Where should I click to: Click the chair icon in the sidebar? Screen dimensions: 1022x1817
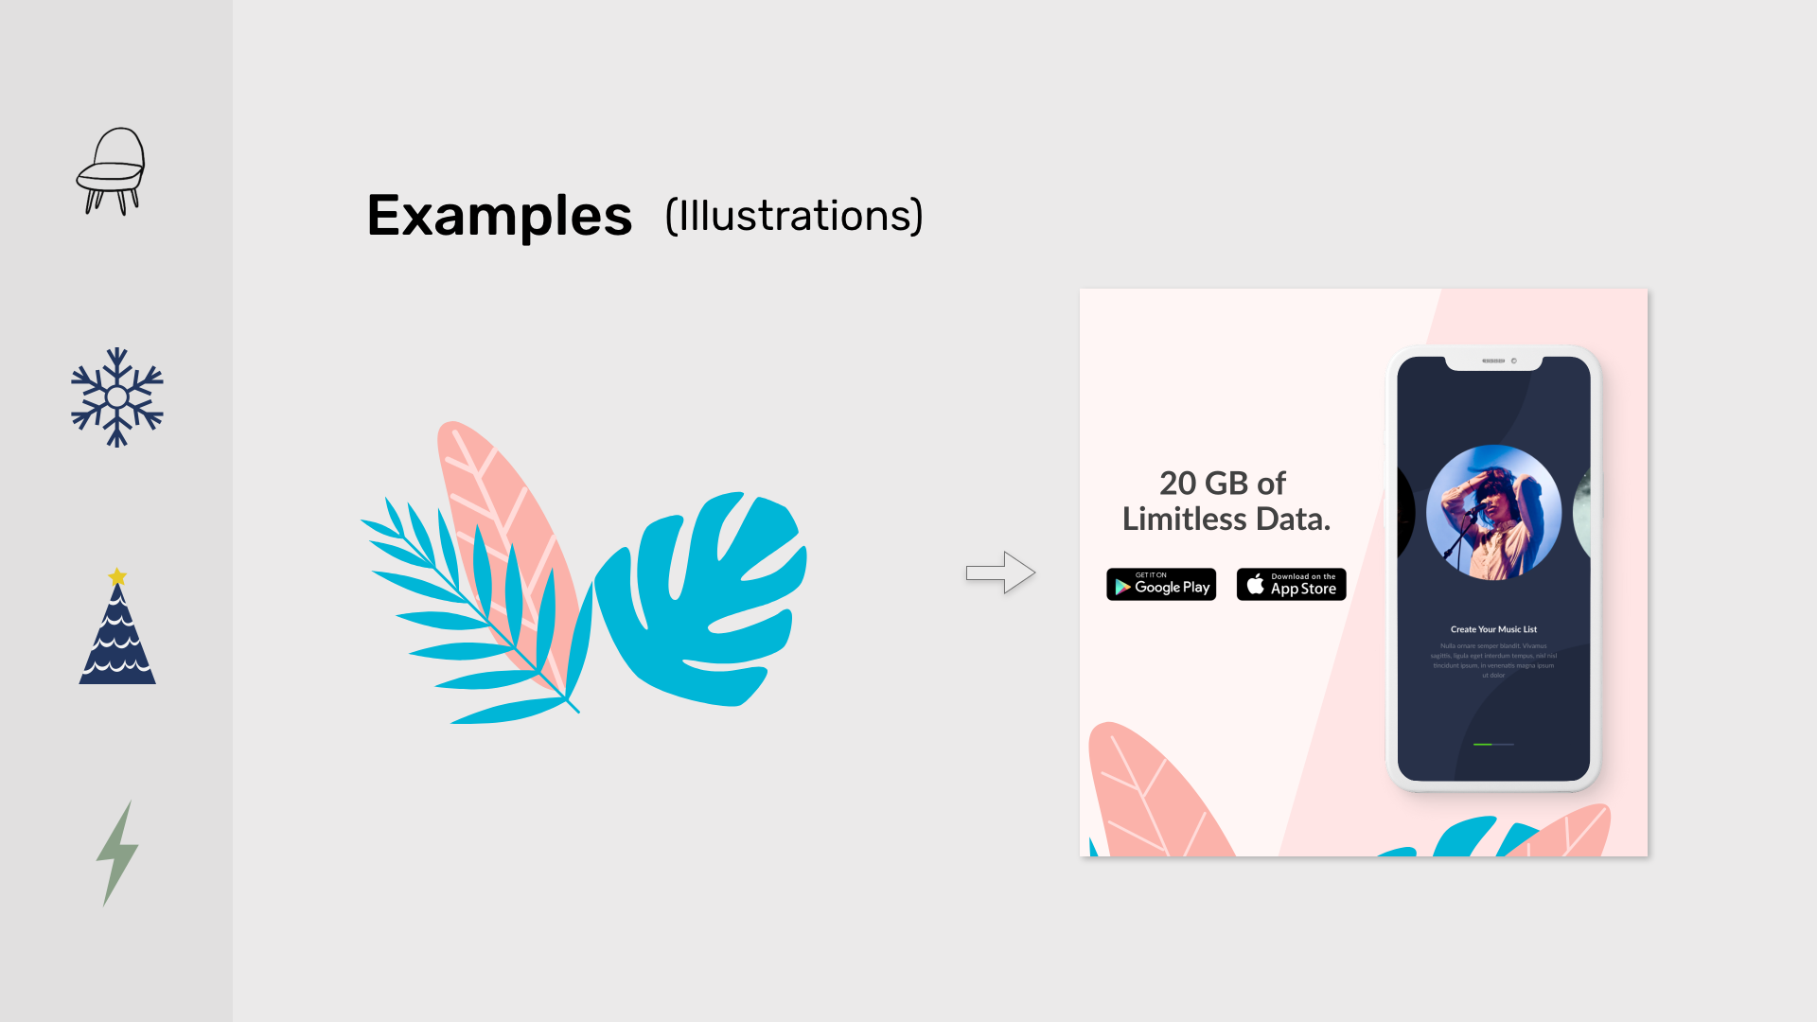(x=112, y=171)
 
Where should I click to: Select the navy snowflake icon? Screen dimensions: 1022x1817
(x=116, y=397)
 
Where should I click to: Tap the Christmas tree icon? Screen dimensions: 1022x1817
(x=117, y=634)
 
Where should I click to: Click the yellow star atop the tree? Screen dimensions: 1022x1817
(x=117, y=576)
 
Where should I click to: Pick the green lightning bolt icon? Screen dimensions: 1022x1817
(x=117, y=853)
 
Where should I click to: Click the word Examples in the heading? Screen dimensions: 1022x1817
(x=500, y=216)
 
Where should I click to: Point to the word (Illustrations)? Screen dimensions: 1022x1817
(x=793, y=216)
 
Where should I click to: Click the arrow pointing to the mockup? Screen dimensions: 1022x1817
(x=1000, y=573)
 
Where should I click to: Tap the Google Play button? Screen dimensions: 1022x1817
(x=1161, y=585)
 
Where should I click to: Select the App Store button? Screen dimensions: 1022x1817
(x=1291, y=585)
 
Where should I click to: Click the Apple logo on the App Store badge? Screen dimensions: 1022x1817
(x=1255, y=585)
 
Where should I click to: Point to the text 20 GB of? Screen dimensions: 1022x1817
(x=1223, y=484)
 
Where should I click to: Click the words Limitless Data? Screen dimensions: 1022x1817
(x=1226, y=520)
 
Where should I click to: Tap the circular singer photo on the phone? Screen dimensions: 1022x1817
(x=1493, y=512)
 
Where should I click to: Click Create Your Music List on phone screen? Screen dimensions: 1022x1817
(x=1493, y=629)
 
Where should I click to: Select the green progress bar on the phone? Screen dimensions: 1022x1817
(x=1483, y=745)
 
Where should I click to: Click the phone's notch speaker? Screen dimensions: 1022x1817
(x=1493, y=361)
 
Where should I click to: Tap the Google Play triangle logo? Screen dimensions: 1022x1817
(x=1122, y=587)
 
